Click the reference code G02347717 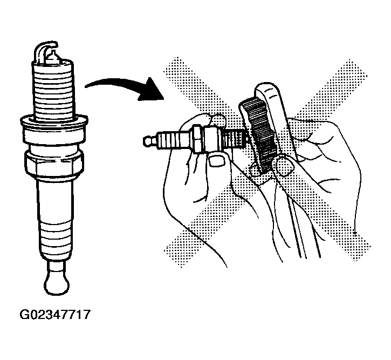[54, 315]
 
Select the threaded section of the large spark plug [53, 90]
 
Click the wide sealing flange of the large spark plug [54, 122]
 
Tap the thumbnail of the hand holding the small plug [216, 161]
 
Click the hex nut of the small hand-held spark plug [198, 139]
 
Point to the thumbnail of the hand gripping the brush [284, 165]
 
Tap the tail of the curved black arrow [86, 86]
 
